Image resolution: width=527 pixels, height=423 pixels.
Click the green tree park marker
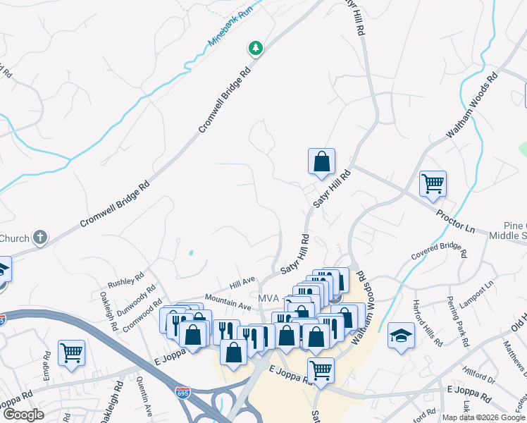pos(255,48)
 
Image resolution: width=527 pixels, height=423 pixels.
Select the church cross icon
pos(41,237)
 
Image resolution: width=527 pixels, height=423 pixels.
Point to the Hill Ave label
pos(242,282)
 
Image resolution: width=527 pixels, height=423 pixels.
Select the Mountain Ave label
pos(228,302)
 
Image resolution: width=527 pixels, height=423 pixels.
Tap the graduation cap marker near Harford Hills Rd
pos(401,336)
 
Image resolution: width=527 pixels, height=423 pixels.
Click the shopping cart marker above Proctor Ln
pos(433,184)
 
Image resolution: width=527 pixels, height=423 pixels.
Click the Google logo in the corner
pos(23,415)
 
